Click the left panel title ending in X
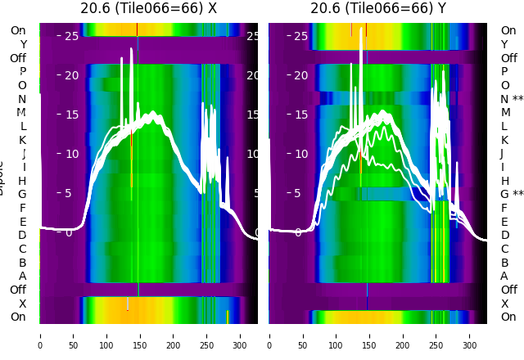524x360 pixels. point(148,9)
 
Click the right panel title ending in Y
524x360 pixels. point(378,9)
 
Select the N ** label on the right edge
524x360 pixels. point(512,99)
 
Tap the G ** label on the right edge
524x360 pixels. point(512,195)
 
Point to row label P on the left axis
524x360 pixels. point(22,72)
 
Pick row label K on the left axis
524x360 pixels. point(22,140)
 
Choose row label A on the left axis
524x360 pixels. point(22,277)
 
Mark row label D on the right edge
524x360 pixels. point(504,236)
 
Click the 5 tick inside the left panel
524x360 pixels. point(69,193)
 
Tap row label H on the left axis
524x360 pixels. point(22,181)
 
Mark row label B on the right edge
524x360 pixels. point(504,263)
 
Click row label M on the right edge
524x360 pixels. point(505,113)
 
